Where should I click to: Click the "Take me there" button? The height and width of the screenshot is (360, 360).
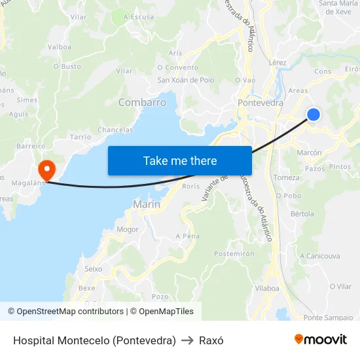(180, 160)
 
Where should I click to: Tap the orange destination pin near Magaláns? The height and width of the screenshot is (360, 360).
(46, 171)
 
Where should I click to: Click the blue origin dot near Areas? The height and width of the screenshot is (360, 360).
(314, 115)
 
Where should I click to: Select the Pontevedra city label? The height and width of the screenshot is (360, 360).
(261, 103)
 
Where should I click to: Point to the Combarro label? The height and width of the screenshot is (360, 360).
(142, 103)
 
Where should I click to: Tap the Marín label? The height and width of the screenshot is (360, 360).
(147, 204)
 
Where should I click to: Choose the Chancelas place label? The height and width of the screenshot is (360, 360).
(115, 130)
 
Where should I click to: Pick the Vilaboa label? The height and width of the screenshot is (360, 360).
(267, 287)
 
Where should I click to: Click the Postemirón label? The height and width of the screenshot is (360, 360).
(234, 253)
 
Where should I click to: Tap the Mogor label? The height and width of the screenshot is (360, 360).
(128, 230)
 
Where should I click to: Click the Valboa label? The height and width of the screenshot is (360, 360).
(60, 46)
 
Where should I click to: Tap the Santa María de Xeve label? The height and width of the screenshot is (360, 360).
(338, 7)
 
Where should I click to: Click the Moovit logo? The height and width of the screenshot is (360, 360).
(321, 340)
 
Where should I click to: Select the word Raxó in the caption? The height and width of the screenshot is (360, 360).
(211, 340)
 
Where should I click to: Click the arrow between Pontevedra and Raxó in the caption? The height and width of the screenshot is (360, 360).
(188, 340)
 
